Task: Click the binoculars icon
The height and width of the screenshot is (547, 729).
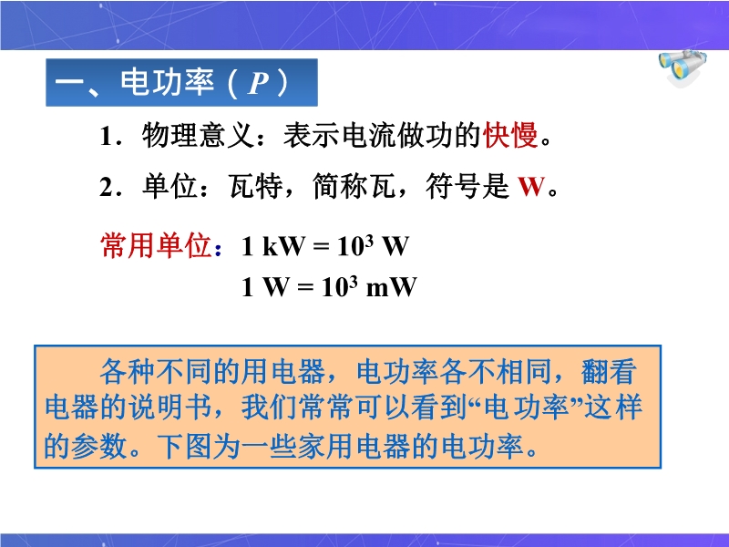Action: click(x=683, y=67)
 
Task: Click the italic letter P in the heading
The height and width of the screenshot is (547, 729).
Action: click(x=259, y=83)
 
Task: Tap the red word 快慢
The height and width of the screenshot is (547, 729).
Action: click(x=510, y=135)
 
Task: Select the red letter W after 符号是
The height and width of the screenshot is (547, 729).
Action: click(x=531, y=187)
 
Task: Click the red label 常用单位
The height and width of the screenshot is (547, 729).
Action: click(x=156, y=245)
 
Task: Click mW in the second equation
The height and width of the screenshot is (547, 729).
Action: click(x=392, y=286)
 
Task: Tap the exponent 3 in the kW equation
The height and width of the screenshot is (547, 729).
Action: click(x=369, y=239)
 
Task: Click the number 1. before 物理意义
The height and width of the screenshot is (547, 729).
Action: click(x=110, y=137)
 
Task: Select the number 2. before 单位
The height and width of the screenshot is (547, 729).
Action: click(x=110, y=188)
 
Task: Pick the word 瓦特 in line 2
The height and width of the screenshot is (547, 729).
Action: click(x=255, y=186)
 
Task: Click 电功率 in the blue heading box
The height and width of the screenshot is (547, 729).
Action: click(x=168, y=82)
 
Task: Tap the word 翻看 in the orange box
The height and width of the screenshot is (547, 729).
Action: click(x=609, y=371)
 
